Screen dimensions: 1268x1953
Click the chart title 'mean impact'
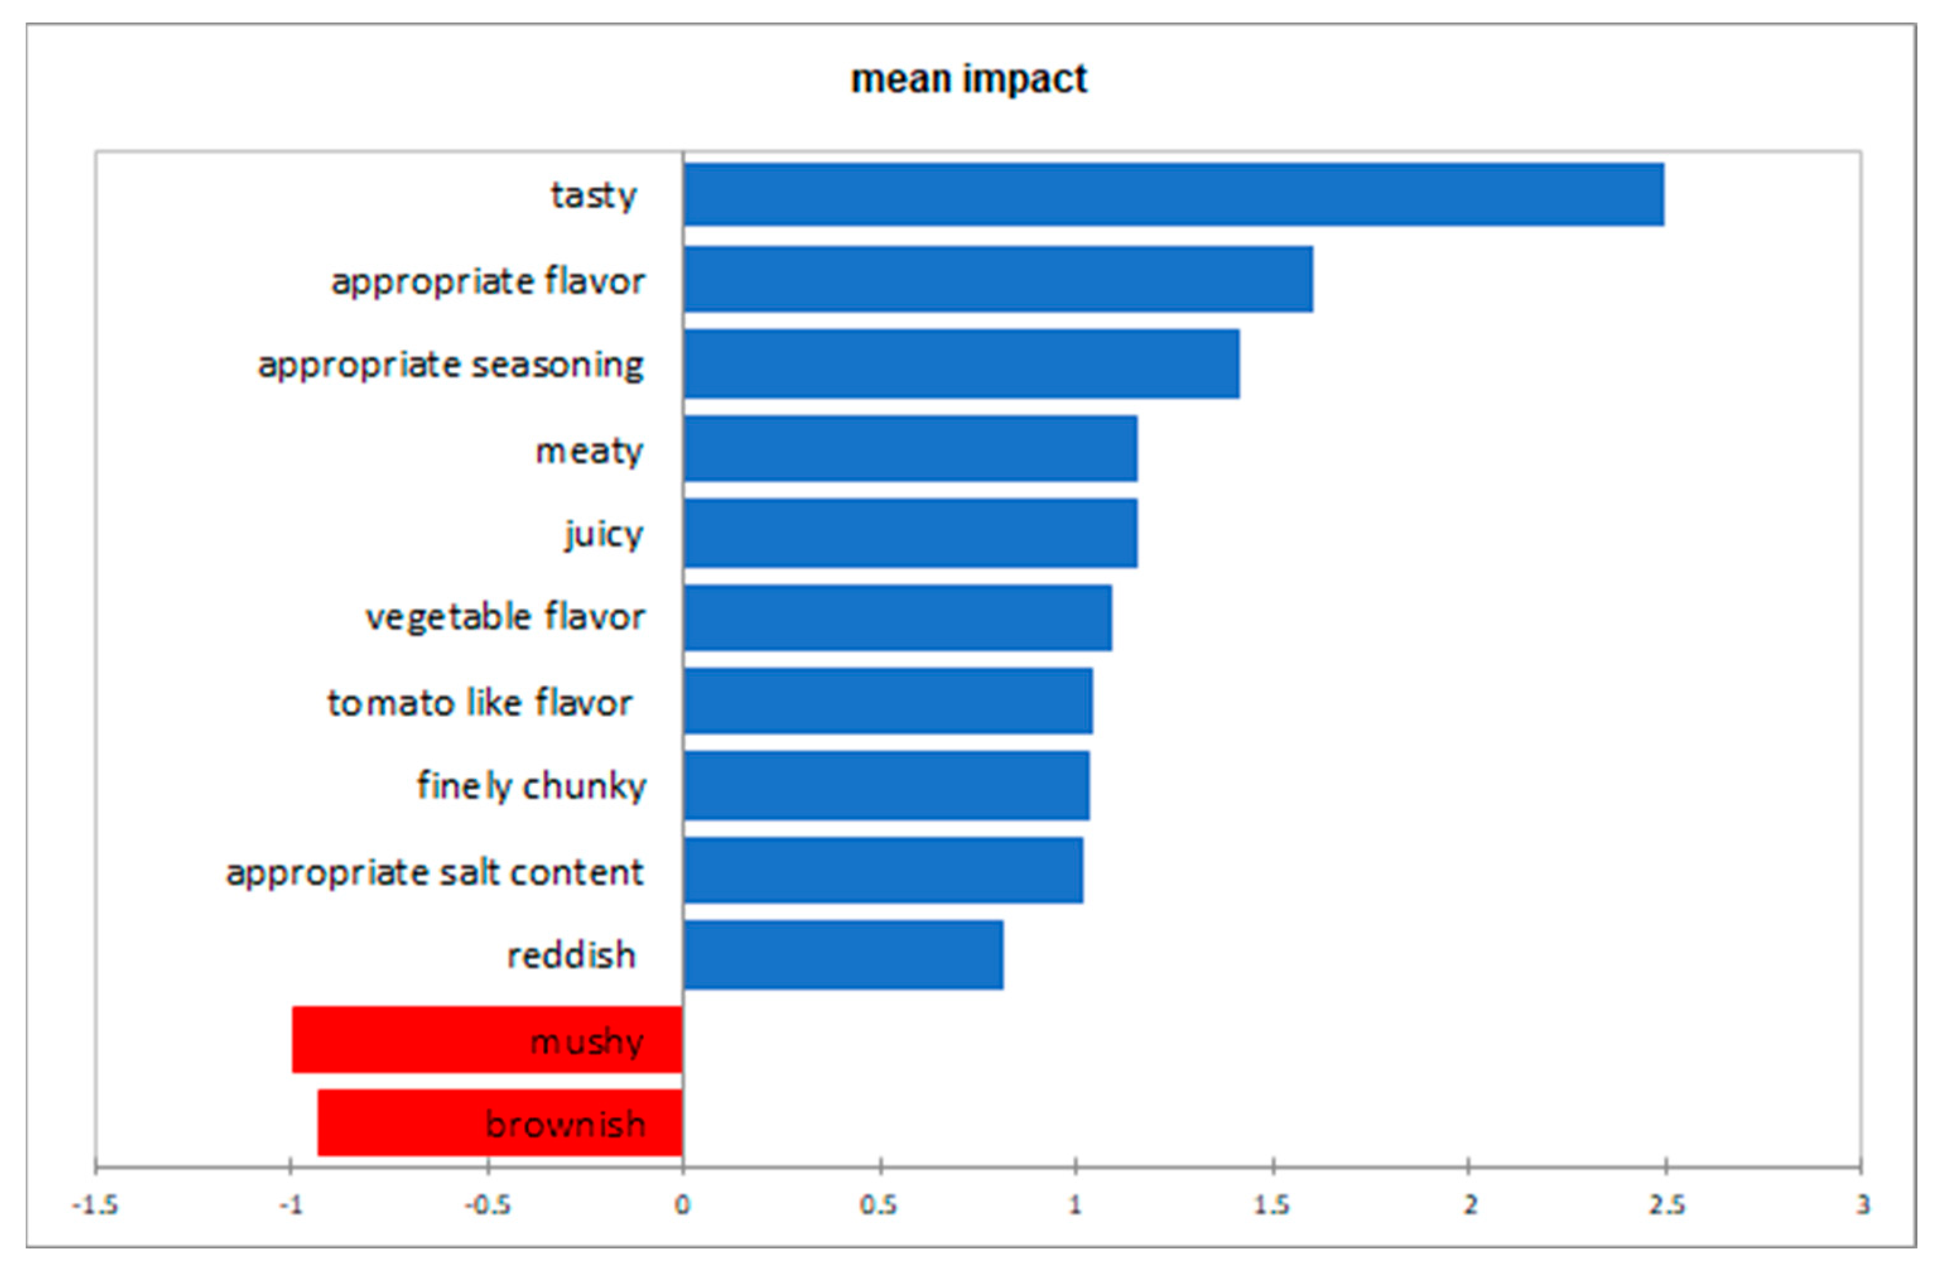968,79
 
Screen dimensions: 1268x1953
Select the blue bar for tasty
1173,194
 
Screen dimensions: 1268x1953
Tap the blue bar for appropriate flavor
997,279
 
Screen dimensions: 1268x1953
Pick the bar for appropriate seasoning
960,364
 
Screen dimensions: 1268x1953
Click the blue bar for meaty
909,449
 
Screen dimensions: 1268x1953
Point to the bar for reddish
843,955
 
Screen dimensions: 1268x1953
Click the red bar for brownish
500,1123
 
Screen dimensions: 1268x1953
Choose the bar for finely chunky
886,786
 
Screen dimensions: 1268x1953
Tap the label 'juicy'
604,535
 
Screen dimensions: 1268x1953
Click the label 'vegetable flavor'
505,617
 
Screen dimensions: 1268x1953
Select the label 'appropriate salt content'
435,872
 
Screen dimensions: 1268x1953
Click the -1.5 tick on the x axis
95,1206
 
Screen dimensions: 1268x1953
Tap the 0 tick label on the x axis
683,1206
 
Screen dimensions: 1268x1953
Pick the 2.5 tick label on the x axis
1666,1206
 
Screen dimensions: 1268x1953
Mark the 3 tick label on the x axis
1863,1206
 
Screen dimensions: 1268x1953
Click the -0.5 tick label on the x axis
488,1206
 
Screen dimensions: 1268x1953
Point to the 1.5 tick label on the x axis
1272,1206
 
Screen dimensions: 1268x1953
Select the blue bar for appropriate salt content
883,870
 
